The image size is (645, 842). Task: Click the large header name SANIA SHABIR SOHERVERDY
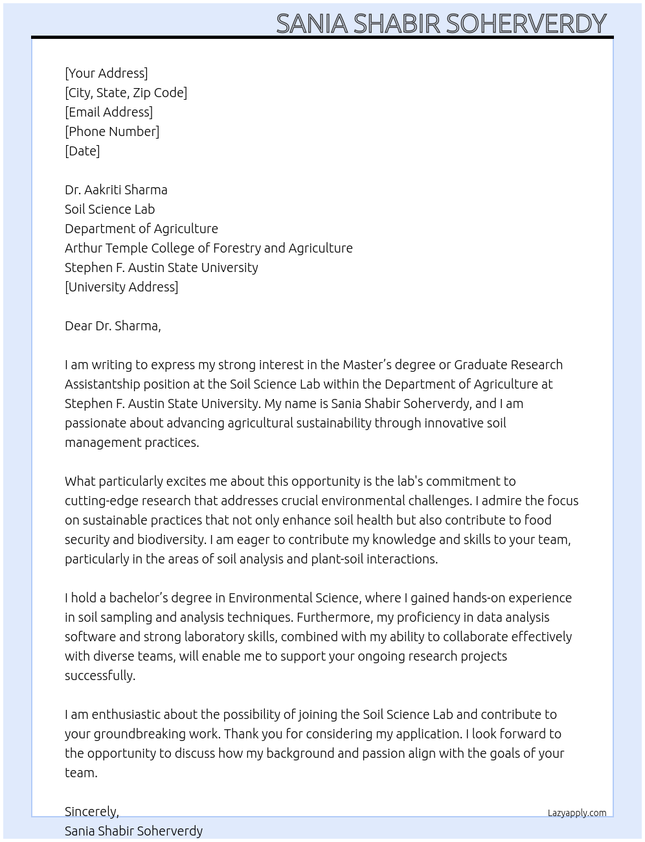tap(441, 23)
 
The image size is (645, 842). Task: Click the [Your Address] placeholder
tap(106, 73)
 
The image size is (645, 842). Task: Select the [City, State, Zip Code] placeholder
tap(126, 93)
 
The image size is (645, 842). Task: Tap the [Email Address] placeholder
tap(109, 112)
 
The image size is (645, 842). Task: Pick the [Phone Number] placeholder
tap(112, 131)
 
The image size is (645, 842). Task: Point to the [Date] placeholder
tap(82, 151)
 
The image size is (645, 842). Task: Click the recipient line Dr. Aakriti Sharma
tap(116, 190)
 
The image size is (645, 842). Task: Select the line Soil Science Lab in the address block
tap(109, 209)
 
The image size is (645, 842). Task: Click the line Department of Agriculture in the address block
tap(141, 229)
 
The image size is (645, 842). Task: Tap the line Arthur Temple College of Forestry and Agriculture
tap(209, 248)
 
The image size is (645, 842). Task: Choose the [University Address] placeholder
tap(121, 287)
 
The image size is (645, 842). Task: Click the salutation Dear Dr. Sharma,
tap(113, 326)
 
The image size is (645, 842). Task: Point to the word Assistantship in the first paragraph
tap(102, 384)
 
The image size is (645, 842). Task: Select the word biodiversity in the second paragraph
tap(153, 540)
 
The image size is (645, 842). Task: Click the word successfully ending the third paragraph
tap(99, 676)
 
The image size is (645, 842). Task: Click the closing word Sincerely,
tap(91, 812)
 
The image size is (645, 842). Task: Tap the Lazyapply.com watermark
tap(577, 813)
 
